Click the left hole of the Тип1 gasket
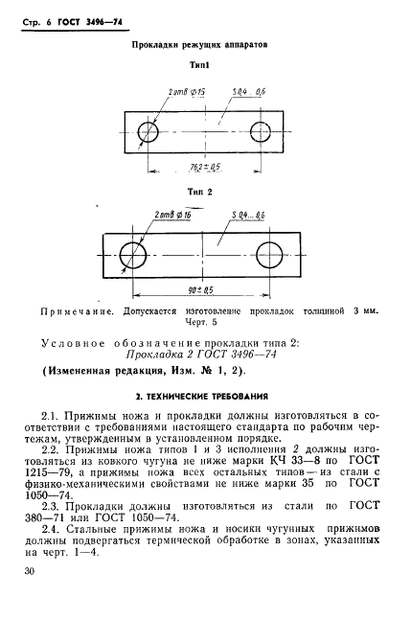tap(148, 131)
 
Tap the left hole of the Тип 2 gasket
tap(133, 253)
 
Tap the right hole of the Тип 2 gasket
tap(270, 253)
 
